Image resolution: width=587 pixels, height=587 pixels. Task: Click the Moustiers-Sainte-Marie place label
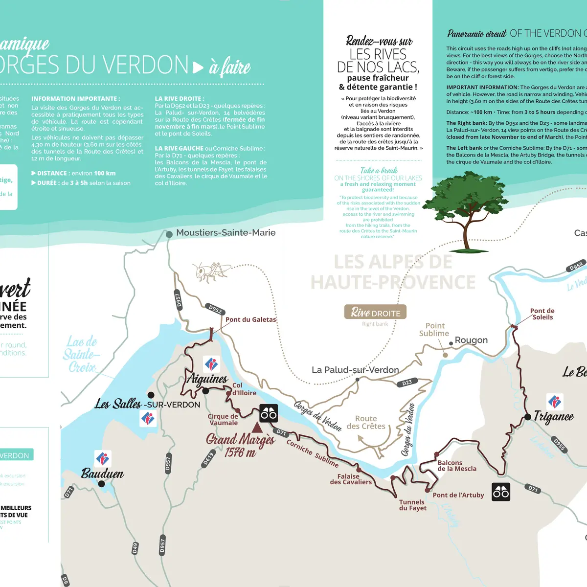(226, 233)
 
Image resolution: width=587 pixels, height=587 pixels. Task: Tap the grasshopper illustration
(211, 272)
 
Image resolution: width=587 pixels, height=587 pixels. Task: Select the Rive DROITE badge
(375, 312)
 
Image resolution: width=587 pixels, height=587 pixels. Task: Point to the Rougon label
(471, 340)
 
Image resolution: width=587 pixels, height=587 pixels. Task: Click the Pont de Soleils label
(542, 314)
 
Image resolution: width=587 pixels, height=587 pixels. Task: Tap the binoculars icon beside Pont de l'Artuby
(501, 492)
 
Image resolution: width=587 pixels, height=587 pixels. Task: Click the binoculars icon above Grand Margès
(269, 414)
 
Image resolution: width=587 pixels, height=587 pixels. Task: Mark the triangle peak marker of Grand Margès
(257, 428)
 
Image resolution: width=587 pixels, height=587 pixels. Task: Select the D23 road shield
(407, 383)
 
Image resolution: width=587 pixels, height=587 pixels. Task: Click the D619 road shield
(209, 459)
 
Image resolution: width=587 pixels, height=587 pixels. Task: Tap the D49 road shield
(135, 548)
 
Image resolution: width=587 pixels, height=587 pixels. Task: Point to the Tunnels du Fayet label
(412, 505)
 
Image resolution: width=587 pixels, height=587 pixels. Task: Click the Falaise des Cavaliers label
(350, 479)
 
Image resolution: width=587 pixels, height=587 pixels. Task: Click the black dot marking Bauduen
(101, 484)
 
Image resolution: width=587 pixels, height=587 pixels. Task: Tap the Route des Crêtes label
(366, 422)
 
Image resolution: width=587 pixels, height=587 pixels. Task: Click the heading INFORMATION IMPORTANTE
(75, 98)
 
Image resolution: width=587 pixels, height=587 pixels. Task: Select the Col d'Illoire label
(244, 389)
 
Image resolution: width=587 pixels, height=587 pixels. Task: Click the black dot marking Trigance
(528, 417)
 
